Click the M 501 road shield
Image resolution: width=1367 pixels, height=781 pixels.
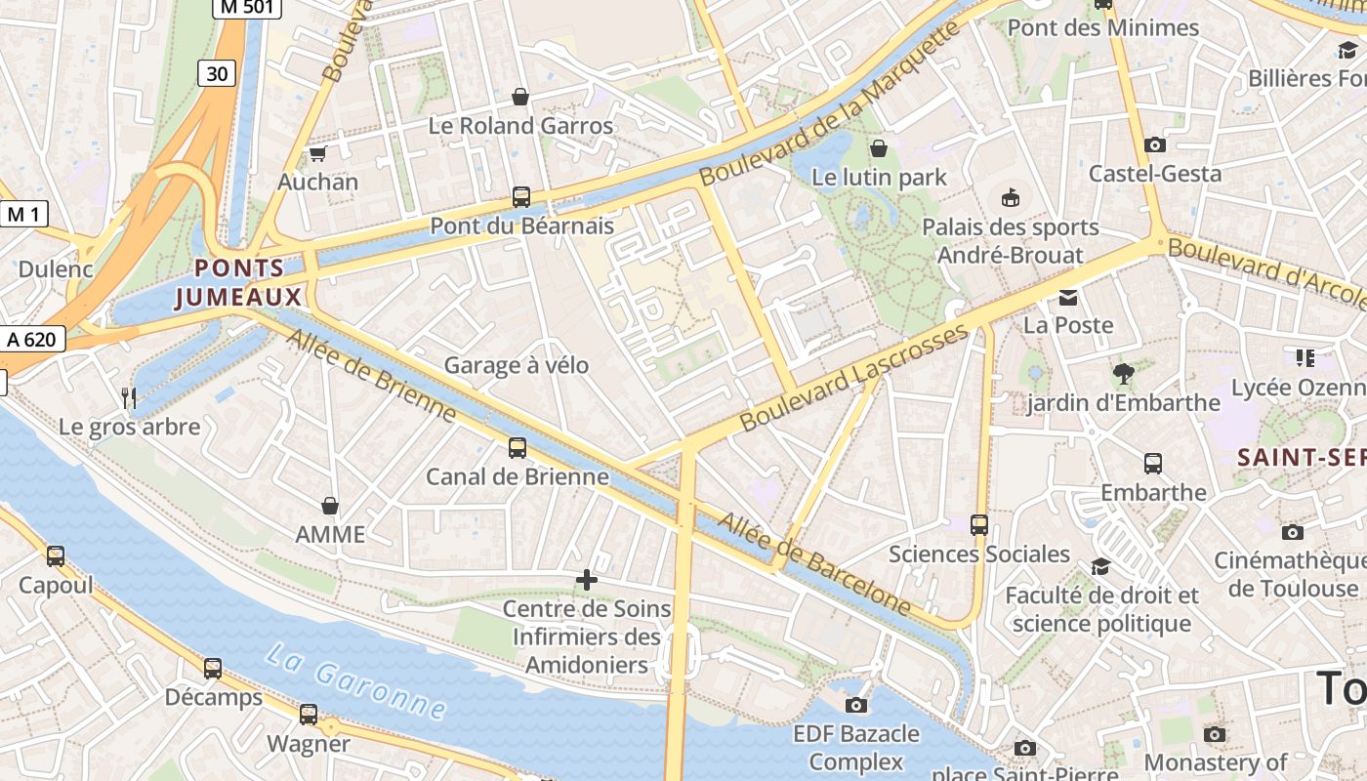(246, 8)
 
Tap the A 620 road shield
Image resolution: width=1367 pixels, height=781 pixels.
(32, 339)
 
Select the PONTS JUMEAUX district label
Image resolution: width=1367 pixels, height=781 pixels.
(239, 282)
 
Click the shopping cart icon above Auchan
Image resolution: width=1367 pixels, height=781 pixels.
(317, 153)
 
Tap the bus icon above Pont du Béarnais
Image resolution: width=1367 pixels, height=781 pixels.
(521, 197)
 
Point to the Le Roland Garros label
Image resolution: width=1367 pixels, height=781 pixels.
(521, 126)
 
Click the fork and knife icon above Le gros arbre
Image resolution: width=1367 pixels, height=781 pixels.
(129, 397)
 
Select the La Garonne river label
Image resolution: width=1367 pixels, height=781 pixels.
(355, 680)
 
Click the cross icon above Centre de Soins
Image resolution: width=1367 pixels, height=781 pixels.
(587, 581)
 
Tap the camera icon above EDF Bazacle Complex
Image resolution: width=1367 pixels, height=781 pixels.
(856, 705)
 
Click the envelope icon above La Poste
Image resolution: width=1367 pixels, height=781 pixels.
(1068, 297)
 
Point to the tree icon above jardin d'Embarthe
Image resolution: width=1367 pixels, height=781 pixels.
(1123, 373)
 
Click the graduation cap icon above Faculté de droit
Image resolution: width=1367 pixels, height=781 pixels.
(1100, 566)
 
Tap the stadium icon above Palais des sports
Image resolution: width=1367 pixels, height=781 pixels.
(1010, 198)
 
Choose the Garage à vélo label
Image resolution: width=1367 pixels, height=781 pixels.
(517, 365)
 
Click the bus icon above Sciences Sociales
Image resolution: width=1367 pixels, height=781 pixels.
(979, 525)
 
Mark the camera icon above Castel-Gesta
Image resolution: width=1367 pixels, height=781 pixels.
(1155, 145)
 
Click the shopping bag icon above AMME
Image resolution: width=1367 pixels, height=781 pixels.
(330, 506)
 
